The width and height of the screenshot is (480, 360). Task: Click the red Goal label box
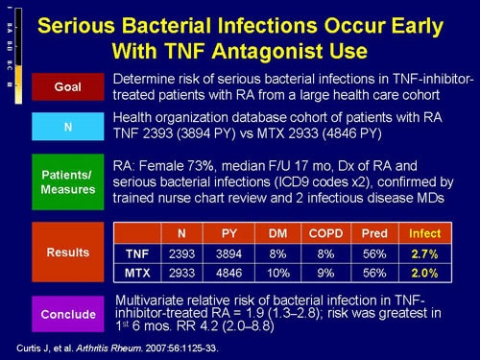pos(67,85)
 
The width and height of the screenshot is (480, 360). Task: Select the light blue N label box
pos(67,125)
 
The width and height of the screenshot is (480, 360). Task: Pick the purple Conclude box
pos(67,313)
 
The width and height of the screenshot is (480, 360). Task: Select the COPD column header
pos(319,231)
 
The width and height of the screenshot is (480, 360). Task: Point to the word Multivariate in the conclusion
pos(153,299)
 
